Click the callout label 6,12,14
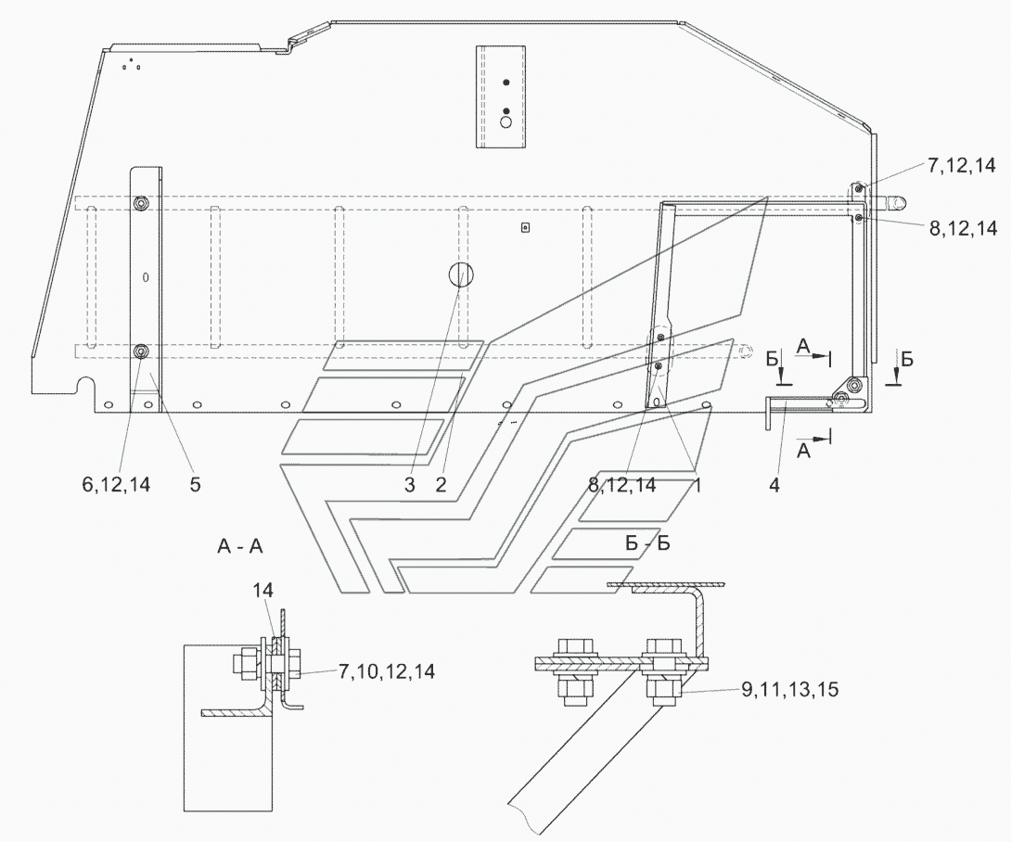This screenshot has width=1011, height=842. pyautogui.click(x=116, y=484)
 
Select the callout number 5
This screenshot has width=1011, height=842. pyautogui.click(x=196, y=484)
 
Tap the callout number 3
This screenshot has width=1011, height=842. pyautogui.click(x=409, y=485)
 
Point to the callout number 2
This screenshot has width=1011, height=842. pyautogui.click(x=441, y=485)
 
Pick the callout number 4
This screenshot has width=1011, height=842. pyautogui.click(x=774, y=485)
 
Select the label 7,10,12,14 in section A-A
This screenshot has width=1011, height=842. pyautogui.click(x=387, y=671)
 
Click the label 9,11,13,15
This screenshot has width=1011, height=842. pyautogui.click(x=790, y=690)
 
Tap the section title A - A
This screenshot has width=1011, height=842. pyautogui.click(x=240, y=547)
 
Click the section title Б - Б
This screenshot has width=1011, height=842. pyautogui.click(x=647, y=543)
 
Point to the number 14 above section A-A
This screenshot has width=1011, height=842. pyautogui.click(x=262, y=590)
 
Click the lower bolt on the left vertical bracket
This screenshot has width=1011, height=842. pyautogui.click(x=141, y=351)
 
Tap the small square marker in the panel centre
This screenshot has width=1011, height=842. pyautogui.click(x=525, y=227)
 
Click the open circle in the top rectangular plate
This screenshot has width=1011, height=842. pyautogui.click(x=506, y=122)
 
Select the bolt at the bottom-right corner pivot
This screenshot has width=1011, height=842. pyautogui.click(x=855, y=386)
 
